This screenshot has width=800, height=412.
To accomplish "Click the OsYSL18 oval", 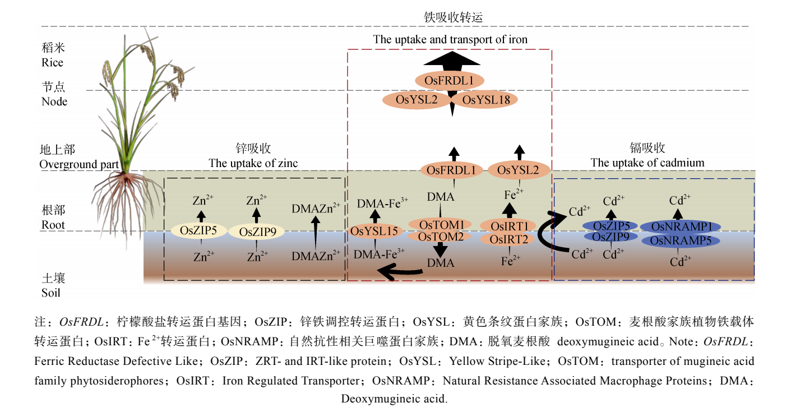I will pyautogui.click(x=484, y=100).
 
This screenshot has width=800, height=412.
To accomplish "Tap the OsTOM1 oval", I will pyautogui.click(x=440, y=224).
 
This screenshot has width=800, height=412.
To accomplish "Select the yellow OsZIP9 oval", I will pyautogui.click(x=257, y=232).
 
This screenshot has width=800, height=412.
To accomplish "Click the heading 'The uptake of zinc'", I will pyautogui.click(x=253, y=163).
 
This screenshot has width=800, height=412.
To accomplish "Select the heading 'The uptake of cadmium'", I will pyautogui.click(x=648, y=163).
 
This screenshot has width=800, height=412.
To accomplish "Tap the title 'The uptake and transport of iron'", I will pyautogui.click(x=450, y=39).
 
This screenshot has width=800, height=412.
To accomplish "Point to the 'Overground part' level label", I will pyautogui.click(x=79, y=165).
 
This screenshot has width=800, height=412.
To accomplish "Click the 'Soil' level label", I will pyautogui.click(x=51, y=293).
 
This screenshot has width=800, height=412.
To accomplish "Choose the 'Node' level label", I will pyautogui.click(x=54, y=101).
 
